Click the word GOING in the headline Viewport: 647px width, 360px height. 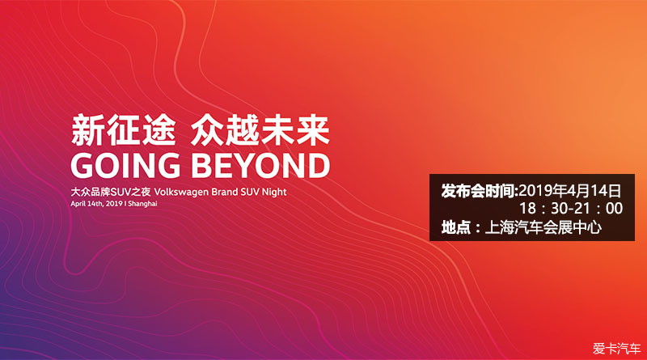pyautogui.click(x=125, y=165)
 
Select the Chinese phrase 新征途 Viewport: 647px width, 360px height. pyautogui.click(x=124, y=130)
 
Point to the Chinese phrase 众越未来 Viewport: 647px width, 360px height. pyautogui.click(x=260, y=130)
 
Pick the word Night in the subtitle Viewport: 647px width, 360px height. pyautogui.click(x=274, y=192)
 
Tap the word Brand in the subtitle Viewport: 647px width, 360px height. pyautogui.click(x=225, y=192)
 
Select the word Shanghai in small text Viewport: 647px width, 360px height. pyautogui.click(x=142, y=204)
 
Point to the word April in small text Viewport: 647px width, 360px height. pyautogui.click(x=78, y=204)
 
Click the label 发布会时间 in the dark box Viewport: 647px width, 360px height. pyautogui.click(x=478, y=191)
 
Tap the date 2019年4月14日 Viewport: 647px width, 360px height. pyautogui.click(x=570, y=191)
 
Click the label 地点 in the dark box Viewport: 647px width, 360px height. pyautogui.click(x=455, y=227)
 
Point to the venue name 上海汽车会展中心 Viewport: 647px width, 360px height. pyautogui.click(x=543, y=227)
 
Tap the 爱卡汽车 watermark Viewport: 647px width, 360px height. pyautogui.click(x=617, y=349)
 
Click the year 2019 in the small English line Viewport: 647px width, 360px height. pyautogui.click(x=114, y=204)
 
